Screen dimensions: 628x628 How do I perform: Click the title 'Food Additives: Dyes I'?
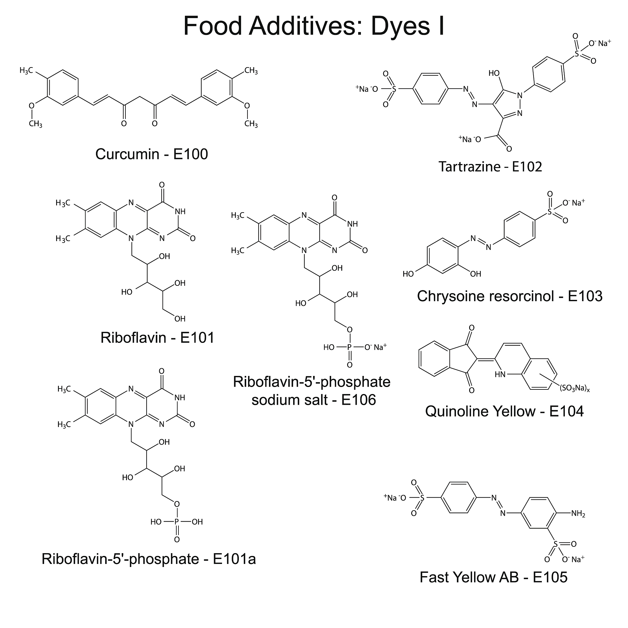(314, 26)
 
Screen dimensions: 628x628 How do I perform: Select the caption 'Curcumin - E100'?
(151, 154)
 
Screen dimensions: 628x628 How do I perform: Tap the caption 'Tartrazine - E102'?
(490, 167)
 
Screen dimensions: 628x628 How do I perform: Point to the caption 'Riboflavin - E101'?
(157, 338)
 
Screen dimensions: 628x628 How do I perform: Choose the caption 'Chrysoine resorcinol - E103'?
(510, 296)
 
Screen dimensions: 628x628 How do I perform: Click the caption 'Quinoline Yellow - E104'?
(504, 411)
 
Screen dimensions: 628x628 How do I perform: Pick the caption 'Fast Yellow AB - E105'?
(493, 577)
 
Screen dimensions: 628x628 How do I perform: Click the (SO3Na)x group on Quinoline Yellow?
(574, 388)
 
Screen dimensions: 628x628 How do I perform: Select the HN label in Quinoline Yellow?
(500, 374)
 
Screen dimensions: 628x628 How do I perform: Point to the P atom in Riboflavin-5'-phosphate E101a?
(177, 522)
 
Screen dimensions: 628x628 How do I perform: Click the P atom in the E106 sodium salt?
(350, 347)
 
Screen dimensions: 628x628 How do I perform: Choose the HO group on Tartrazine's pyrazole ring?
(494, 74)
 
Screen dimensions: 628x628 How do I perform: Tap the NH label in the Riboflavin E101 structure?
(180, 212)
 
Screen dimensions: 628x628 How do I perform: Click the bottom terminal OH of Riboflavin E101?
(180, 319)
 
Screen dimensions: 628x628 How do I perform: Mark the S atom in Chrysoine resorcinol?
(550, 212)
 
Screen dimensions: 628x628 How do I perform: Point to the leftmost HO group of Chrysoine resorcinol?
(408, 274)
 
